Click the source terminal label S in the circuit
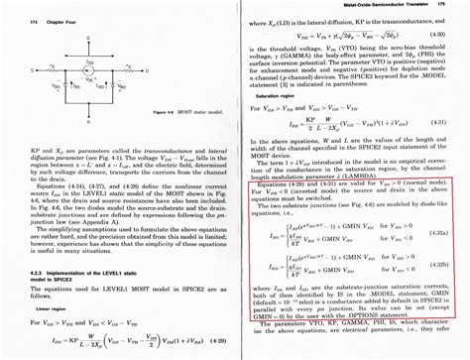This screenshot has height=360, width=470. coord(32,69)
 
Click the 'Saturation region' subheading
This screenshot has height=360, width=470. coord(268,95)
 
